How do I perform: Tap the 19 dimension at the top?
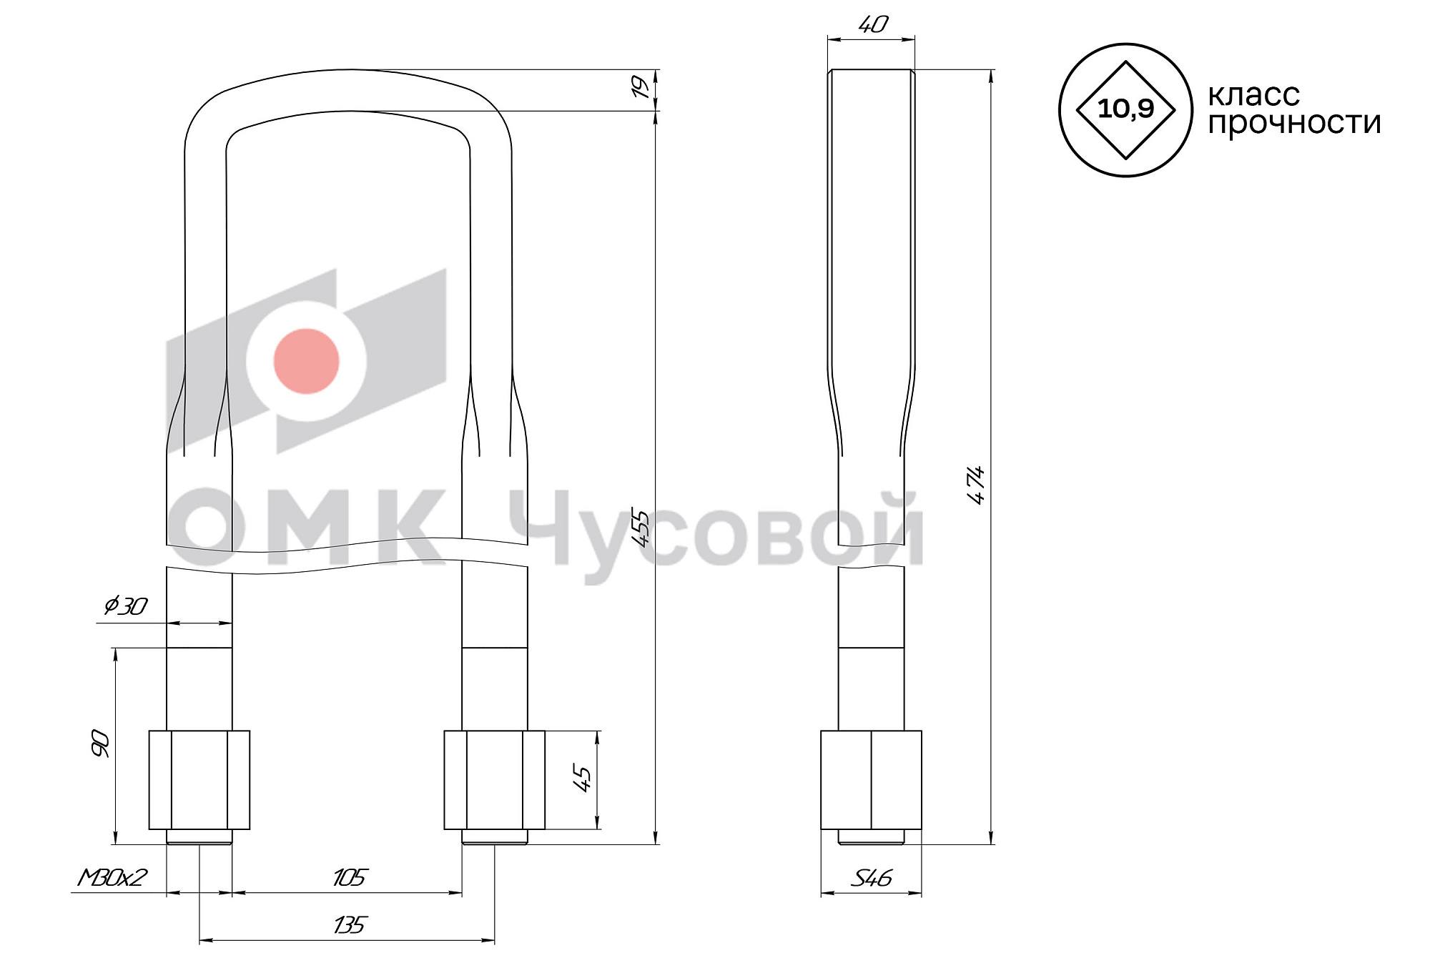tap(643, 87)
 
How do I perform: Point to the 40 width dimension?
tap(872, 25)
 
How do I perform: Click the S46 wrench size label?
tap(871, 878)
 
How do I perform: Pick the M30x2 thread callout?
tap(112, 877)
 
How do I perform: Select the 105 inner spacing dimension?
tap(350, 877)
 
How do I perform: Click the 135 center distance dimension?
tap(350, 925)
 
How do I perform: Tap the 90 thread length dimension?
tap(100, 744)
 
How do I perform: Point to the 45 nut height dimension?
tap(583, 779)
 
